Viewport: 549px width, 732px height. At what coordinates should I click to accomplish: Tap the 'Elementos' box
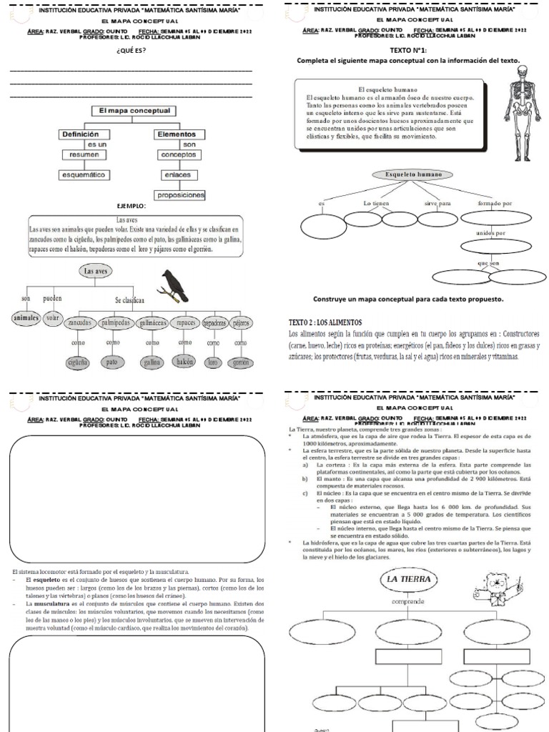174,134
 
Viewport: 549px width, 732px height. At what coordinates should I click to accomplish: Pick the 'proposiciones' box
179,195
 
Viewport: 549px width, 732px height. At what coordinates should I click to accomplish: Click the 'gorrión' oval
240,362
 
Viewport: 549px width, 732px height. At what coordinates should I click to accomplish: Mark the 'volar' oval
53,319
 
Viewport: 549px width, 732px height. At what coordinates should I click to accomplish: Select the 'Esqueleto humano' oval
414,175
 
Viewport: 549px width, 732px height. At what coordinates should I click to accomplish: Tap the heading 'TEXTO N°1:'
408,51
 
